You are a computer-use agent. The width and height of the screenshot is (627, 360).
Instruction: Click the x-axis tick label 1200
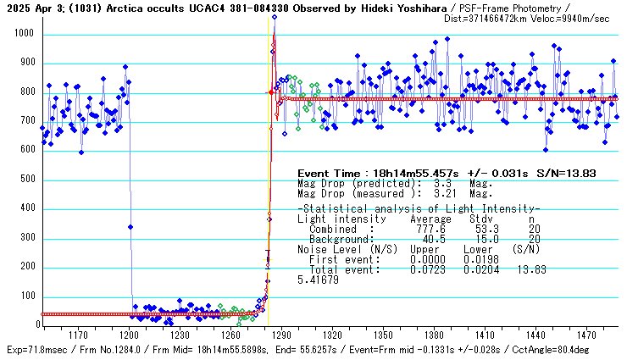click(130, 335)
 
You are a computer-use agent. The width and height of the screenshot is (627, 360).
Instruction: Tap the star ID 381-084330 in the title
click(236, 7)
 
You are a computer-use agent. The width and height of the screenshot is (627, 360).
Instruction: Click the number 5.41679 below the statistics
click(318, 280)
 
